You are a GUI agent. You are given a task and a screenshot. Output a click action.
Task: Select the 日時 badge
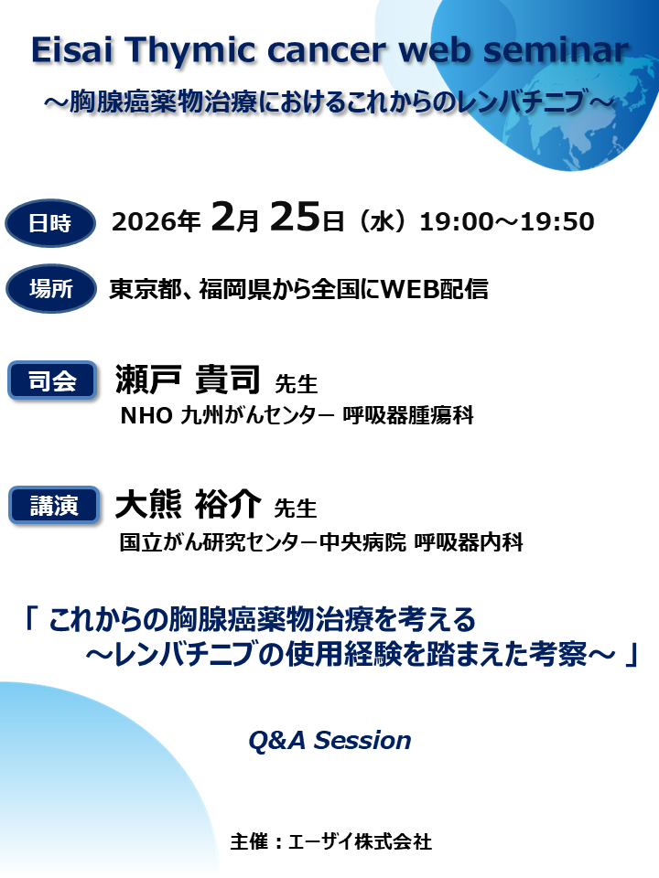pos(50,222)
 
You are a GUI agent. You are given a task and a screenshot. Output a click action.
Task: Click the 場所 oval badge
pos(50,290)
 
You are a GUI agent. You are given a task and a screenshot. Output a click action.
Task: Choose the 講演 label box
pos(52,505)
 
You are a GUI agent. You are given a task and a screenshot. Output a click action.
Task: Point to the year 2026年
pos(156,222)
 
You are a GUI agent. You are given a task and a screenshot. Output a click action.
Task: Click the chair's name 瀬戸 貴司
pos(189,380)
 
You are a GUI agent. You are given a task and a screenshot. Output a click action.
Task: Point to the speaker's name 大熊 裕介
pos(189,504)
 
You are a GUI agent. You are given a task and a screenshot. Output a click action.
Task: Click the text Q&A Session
pos(329,740)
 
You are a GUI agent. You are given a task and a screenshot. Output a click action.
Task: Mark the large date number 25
pos(297,219)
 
